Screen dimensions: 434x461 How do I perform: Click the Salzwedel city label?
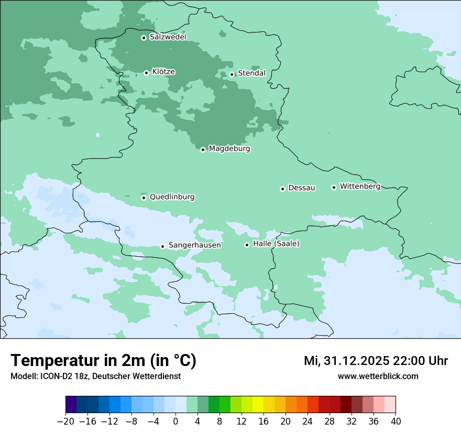tap(168, 37)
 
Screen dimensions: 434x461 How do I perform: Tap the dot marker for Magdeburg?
tap(203, 150)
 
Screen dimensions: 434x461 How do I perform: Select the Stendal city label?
tap(251, 73)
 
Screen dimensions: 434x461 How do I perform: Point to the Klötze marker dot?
tap(146, 73)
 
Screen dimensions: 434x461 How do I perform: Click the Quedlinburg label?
tap(172, 197)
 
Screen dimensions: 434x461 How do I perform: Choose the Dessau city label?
tap(302, 188)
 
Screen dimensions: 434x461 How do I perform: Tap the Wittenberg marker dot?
tap(334, 187)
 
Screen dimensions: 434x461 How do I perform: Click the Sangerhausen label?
tap(194, 245)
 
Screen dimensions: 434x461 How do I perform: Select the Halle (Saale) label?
tap(276, 244)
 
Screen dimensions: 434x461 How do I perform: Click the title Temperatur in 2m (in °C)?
tap(103, 360)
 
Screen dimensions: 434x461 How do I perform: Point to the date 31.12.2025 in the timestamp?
tap(357, 361)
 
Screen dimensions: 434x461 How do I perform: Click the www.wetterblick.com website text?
tap(378, 376)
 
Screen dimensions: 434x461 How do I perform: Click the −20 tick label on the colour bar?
tap(65, 421)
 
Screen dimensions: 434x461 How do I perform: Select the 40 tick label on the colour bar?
tap(396, 421)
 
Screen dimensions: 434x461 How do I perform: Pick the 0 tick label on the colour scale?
tap(175, 421)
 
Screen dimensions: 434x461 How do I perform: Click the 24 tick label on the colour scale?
tap(308, 421)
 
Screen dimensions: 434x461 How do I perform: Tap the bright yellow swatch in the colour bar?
tap(258, 405)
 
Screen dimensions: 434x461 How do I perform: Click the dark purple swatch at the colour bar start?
tap(71, 405)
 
